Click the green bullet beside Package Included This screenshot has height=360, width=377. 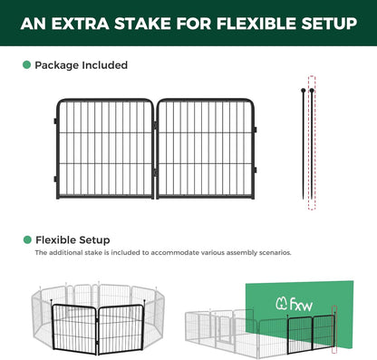coord(26,65)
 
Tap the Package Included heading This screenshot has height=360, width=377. coord(81,65)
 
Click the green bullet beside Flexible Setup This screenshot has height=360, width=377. coord(26,240)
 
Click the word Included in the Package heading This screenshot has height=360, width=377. coord(103,65)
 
